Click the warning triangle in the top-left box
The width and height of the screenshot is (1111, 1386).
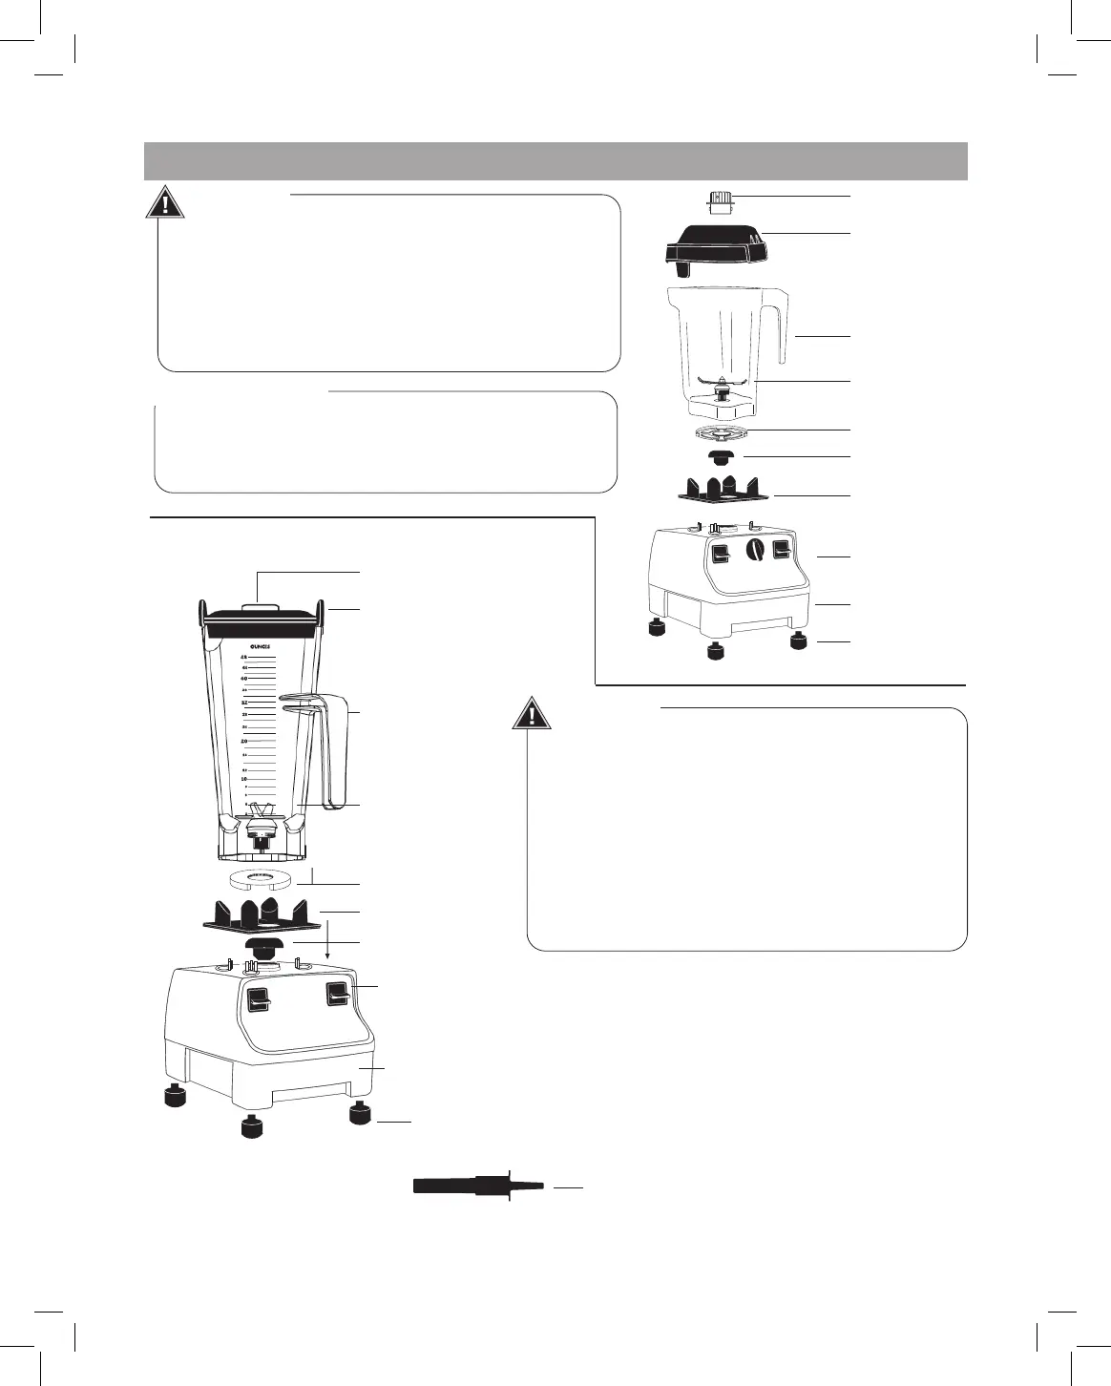166,204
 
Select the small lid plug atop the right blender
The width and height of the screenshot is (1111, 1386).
722,201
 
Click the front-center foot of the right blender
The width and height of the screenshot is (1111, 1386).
713,652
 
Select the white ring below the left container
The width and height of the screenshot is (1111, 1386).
260,877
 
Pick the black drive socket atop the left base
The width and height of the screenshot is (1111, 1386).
262,947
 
